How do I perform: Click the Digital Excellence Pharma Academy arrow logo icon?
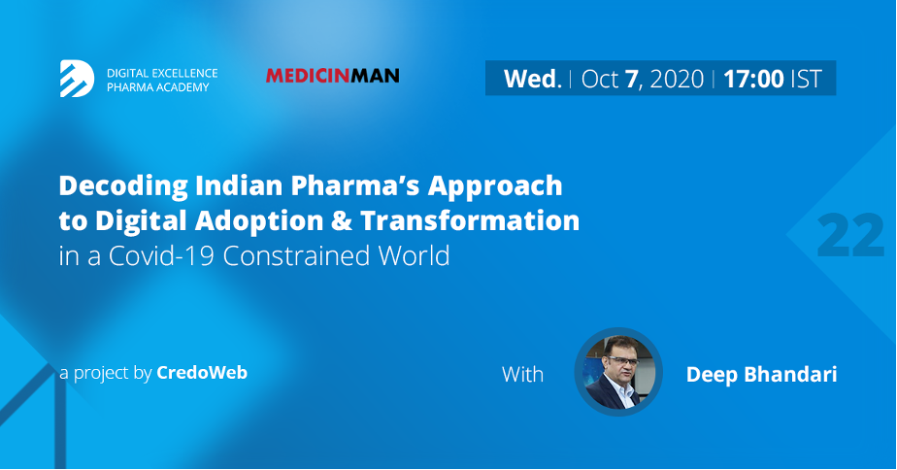[x=78, y=79]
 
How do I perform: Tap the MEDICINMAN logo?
[x=332, y=76]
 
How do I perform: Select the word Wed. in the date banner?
[x=533, y=79]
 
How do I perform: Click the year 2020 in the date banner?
[x=677, y=79]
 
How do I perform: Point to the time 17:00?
[x=753, y=79]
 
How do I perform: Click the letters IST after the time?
[x=807, y=79]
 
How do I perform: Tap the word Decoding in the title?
[x=123, y=186]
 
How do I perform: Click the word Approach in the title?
[x=495, y=186]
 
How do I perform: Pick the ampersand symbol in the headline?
[x=341, y=221]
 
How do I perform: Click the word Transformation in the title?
[x=470, y=221]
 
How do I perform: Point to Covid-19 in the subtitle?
[x=161, y=256]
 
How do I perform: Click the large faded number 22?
[x=850, y=235]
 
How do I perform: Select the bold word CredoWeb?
[x=202, y=373]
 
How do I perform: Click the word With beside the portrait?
[x=522, y=375]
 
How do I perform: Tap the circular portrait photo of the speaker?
[x=618, y=372]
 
